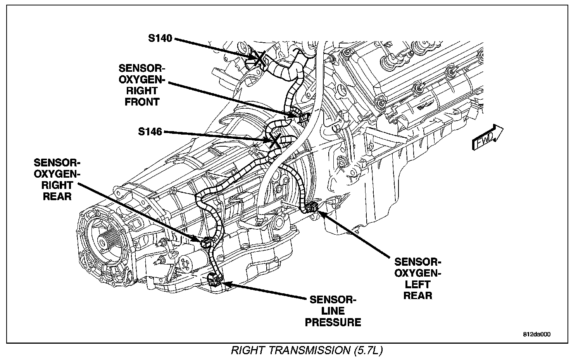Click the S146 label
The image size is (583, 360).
click(150, 132)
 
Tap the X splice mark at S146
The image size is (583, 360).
click(274, 141)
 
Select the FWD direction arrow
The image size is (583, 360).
click(487, 138)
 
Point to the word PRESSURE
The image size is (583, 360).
click(333, 322)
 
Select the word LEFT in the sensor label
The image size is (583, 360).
click(418, 285)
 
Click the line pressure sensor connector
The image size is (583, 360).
click(214, 279)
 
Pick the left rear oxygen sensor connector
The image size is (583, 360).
click(312, 208)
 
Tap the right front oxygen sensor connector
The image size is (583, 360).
click(299, 115)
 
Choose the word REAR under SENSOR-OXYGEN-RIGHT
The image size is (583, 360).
click(57, 196)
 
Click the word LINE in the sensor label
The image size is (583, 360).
click(333, 311)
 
